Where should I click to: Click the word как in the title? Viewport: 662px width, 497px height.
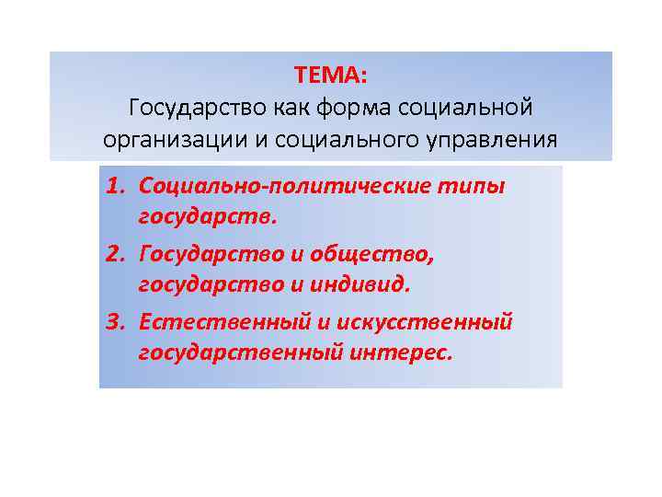(291, 107)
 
